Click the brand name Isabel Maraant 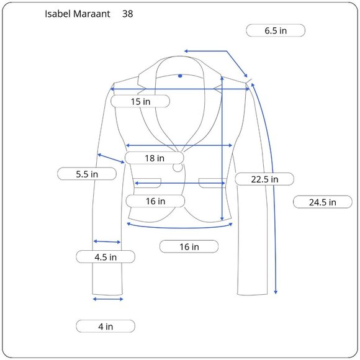[78, 14]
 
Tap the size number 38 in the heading [127, 14]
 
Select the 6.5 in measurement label [276, 30]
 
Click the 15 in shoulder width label [140, 101]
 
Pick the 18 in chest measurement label [155, 158]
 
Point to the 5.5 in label [87, 174]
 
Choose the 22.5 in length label [264, 179]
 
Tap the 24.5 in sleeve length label [323, 202]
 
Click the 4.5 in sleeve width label [106, 257]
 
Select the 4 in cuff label [106, 326]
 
